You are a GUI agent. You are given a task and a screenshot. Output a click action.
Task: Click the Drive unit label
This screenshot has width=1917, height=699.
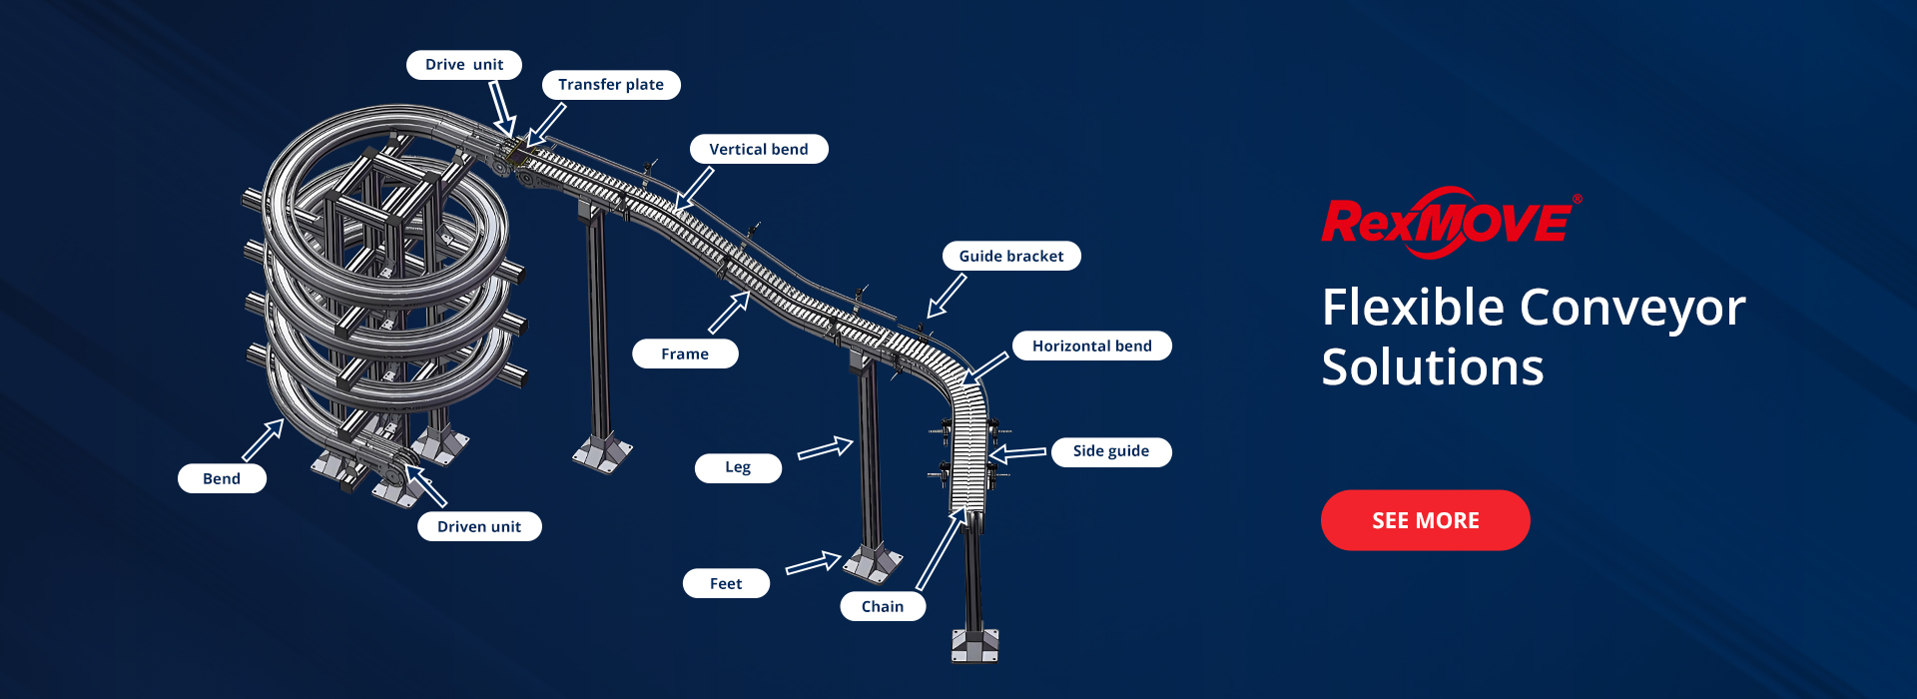pyautogui.click(x=464, y=65)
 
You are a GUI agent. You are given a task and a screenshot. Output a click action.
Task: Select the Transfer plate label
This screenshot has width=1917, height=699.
pyautogui.click(x=611, y=85)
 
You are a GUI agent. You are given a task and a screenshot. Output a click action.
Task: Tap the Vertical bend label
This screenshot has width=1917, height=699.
pyautogui.click(x=759, y=149)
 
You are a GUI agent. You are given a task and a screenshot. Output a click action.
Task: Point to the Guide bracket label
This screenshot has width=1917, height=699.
pyautogui.click(x=1011, y=256)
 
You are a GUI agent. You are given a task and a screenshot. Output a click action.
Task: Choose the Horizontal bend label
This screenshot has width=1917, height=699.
pyautogui.click(x=1092, y=346)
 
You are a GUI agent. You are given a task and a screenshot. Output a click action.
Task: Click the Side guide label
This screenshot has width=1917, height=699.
pyautogui.click(x=1111, y=451)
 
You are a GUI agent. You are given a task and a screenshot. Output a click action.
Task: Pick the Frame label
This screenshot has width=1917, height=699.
pyautogui.click(x=685, y=353)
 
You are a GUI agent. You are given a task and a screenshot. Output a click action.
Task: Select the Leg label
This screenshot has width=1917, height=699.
pyautogui.click(x=738, y=467)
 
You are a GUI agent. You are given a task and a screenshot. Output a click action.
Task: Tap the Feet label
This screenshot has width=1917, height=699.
pyautogui.click(x=726, y=583)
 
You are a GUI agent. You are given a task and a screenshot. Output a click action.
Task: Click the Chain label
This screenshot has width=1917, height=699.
pyautogui.click(x=883, y=606)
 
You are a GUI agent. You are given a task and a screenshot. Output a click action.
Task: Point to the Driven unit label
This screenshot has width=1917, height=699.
pyautogui.click(x=479, y=526)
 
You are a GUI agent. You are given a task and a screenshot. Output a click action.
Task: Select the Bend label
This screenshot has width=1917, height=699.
pyautogui.click(x=222, y=478)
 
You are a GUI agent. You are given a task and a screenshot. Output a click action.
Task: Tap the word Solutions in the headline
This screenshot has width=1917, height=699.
pyautogui.click(x=1433, y=367)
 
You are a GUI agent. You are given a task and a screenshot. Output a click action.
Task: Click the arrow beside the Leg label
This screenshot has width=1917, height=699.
pyautogui.click(x=826, y=448)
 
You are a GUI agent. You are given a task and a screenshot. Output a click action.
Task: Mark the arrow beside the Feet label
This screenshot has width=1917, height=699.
pyautogui.click(x=814, y=563)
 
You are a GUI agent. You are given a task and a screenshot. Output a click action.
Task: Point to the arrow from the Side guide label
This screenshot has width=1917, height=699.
pyautogui.click(x=1017, y=454)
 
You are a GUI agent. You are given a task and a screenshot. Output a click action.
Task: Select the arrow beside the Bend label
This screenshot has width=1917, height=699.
pyautogui.click(x=264, y=439)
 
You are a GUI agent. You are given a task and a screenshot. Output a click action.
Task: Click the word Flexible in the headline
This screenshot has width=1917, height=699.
pyautogui.click(x=1413, y=308)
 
